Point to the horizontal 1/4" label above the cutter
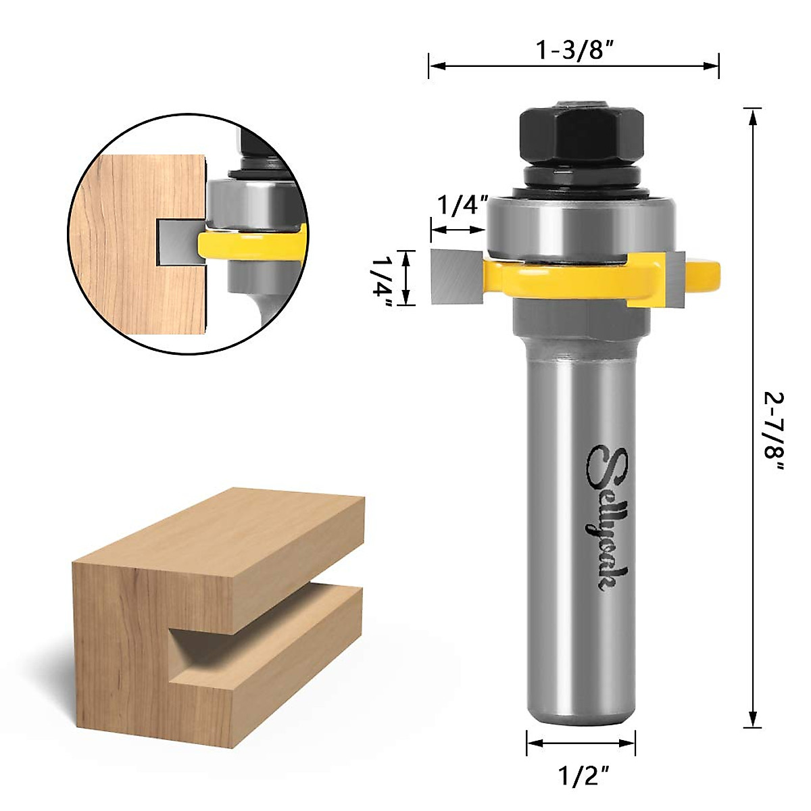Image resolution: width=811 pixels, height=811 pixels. [462, 205]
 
